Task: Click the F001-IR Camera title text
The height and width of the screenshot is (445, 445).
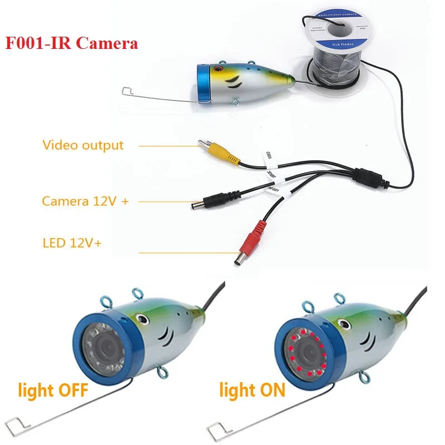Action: (72, 43)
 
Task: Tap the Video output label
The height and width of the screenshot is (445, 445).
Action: (83, 145)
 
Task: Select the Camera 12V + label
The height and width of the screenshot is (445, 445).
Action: (85, 201)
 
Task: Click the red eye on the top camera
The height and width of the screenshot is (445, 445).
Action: (217, 71)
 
